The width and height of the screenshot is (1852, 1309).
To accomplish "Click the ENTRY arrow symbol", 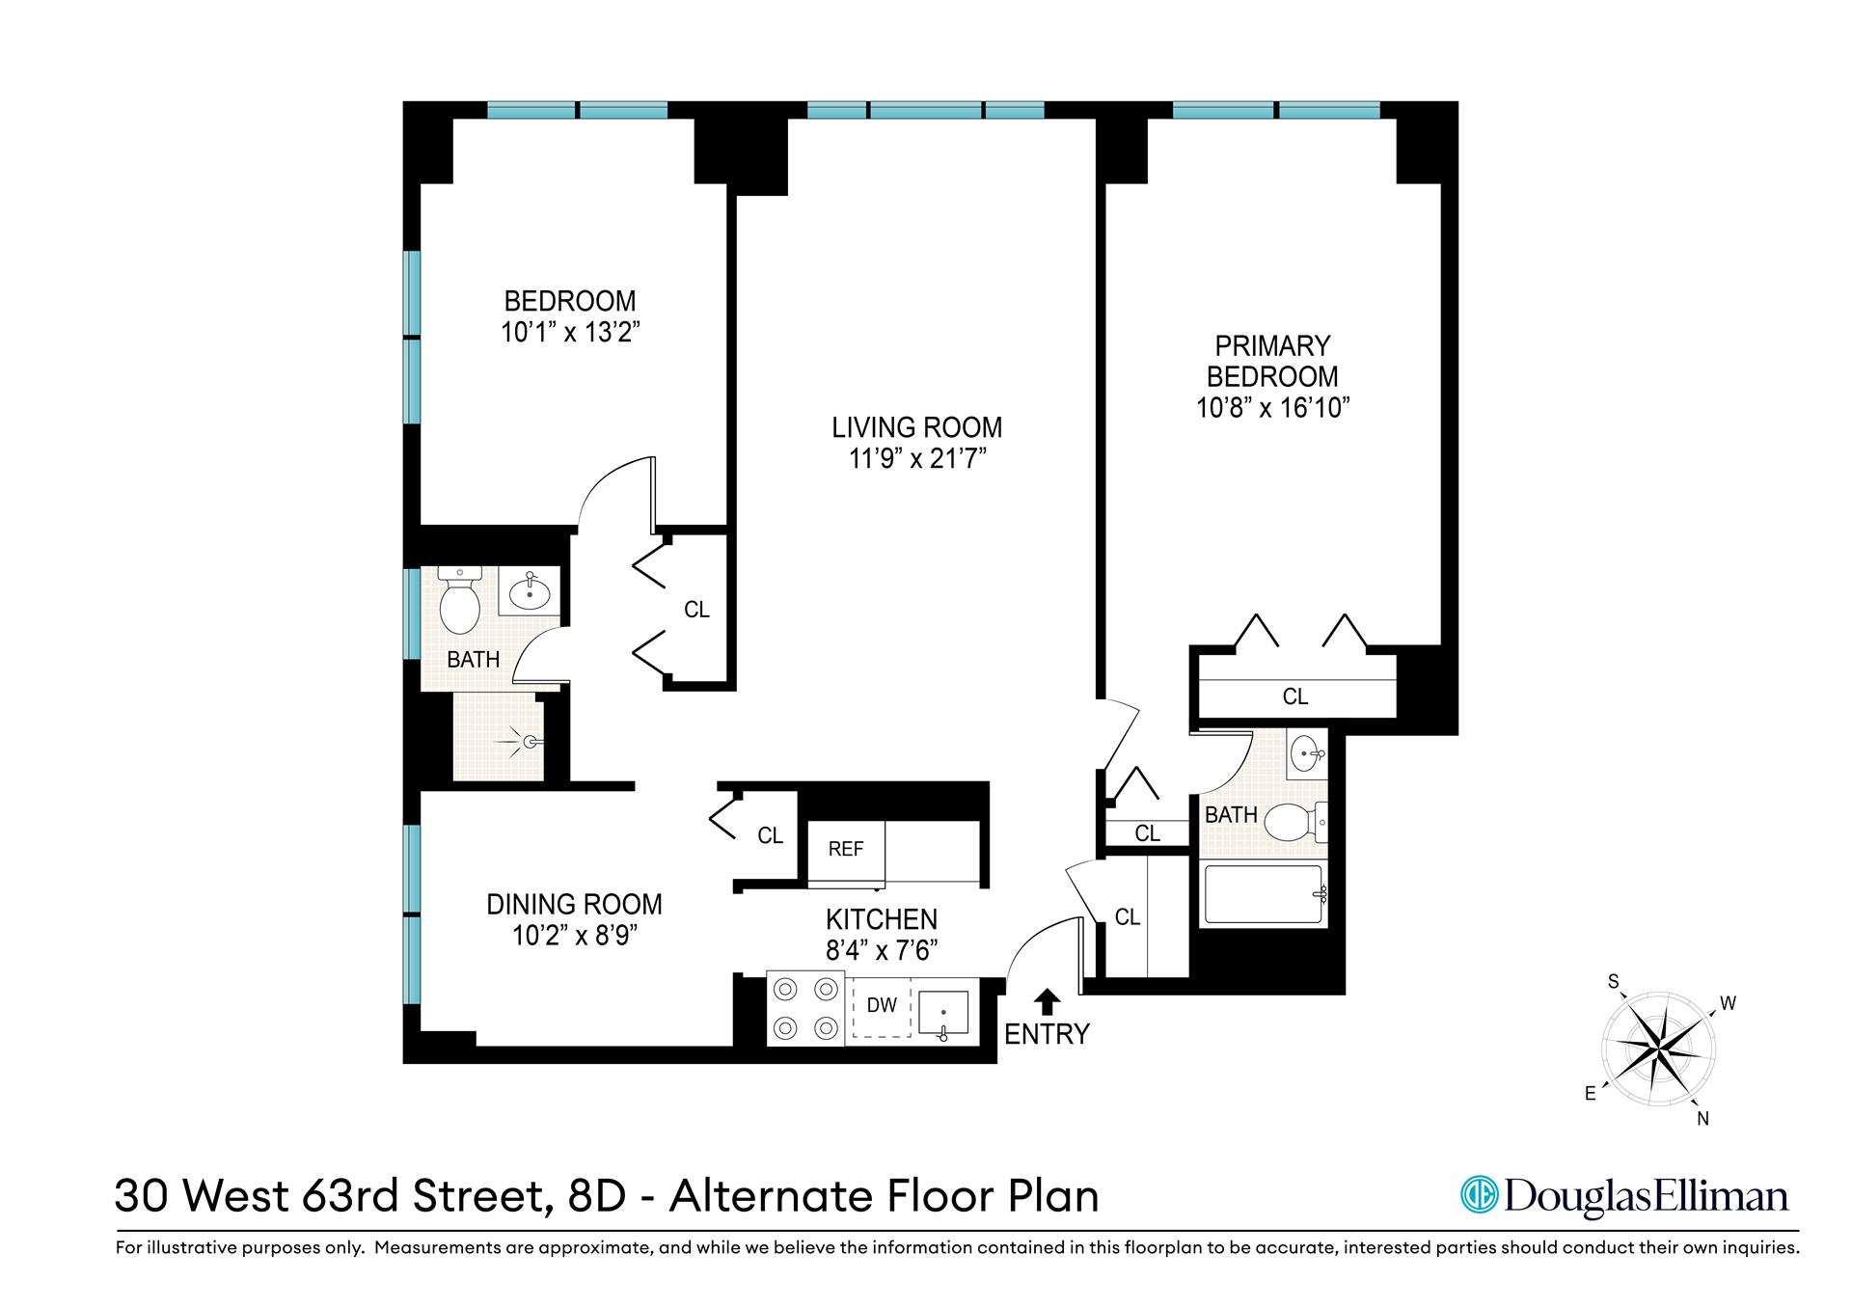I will tap(1048, 1001).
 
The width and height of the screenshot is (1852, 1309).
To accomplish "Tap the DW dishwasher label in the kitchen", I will tap(882, 1005).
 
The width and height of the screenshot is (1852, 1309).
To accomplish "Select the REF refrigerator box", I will tap(846, 849).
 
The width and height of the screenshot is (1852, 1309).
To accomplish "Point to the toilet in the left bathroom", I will tap(459, 604).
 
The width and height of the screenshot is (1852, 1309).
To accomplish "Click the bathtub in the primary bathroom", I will tap(1263, 896).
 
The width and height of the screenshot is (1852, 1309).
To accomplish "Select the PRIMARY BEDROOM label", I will tap(1272, 361).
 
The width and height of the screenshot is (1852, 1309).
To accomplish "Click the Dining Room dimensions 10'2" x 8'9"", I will tap(574, 936).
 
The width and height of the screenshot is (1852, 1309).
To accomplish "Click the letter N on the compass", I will tap(1702, 1119).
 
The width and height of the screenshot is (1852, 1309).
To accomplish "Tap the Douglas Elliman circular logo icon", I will tap(1478, 1195).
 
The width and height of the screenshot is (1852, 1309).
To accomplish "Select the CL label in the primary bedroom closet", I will tap(1294, 696).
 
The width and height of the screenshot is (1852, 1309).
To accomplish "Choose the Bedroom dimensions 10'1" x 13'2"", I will tap(570, 333).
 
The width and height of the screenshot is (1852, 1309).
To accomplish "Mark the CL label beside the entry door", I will tap(1128, 917).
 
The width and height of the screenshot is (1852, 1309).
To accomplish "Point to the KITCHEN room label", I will tap(881, 919).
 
